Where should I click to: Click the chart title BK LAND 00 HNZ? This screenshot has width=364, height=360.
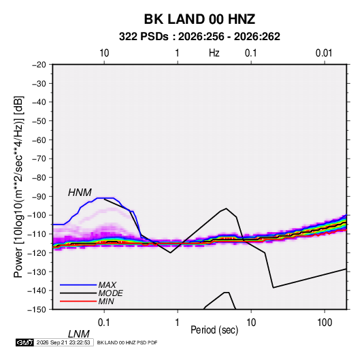pos(199,19)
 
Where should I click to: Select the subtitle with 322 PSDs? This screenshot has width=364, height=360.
pos(199,37)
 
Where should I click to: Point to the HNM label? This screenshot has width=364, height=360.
pos(80,193)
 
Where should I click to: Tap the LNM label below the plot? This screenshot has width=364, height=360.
pos(78,334)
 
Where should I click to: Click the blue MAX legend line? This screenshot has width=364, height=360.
pos(78,284)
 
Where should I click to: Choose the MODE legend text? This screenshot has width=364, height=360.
pos(110,293)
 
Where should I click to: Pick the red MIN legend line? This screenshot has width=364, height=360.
pos(78,301)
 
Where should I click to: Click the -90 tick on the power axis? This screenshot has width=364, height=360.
pos(39,197)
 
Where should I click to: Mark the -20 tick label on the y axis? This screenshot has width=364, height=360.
pos(39,65)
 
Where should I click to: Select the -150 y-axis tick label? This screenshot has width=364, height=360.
pos(37,310)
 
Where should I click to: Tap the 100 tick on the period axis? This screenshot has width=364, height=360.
pos(325,323)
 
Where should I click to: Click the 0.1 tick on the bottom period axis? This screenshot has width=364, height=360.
pos(104,323)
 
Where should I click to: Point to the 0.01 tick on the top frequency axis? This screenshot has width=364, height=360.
pos(324,53)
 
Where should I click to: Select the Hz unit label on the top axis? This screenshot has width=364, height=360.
pos(214,53)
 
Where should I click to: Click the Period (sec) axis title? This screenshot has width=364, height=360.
pos(214,330)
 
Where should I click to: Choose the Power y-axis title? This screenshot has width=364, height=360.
pos(18,186)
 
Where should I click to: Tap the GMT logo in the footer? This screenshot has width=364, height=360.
pos(24,342)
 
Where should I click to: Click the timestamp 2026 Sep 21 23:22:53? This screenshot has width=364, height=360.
pos(63,342)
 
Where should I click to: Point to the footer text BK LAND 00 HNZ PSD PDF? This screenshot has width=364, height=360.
pos(127,342)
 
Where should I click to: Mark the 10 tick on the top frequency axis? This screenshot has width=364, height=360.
pos(104,53)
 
